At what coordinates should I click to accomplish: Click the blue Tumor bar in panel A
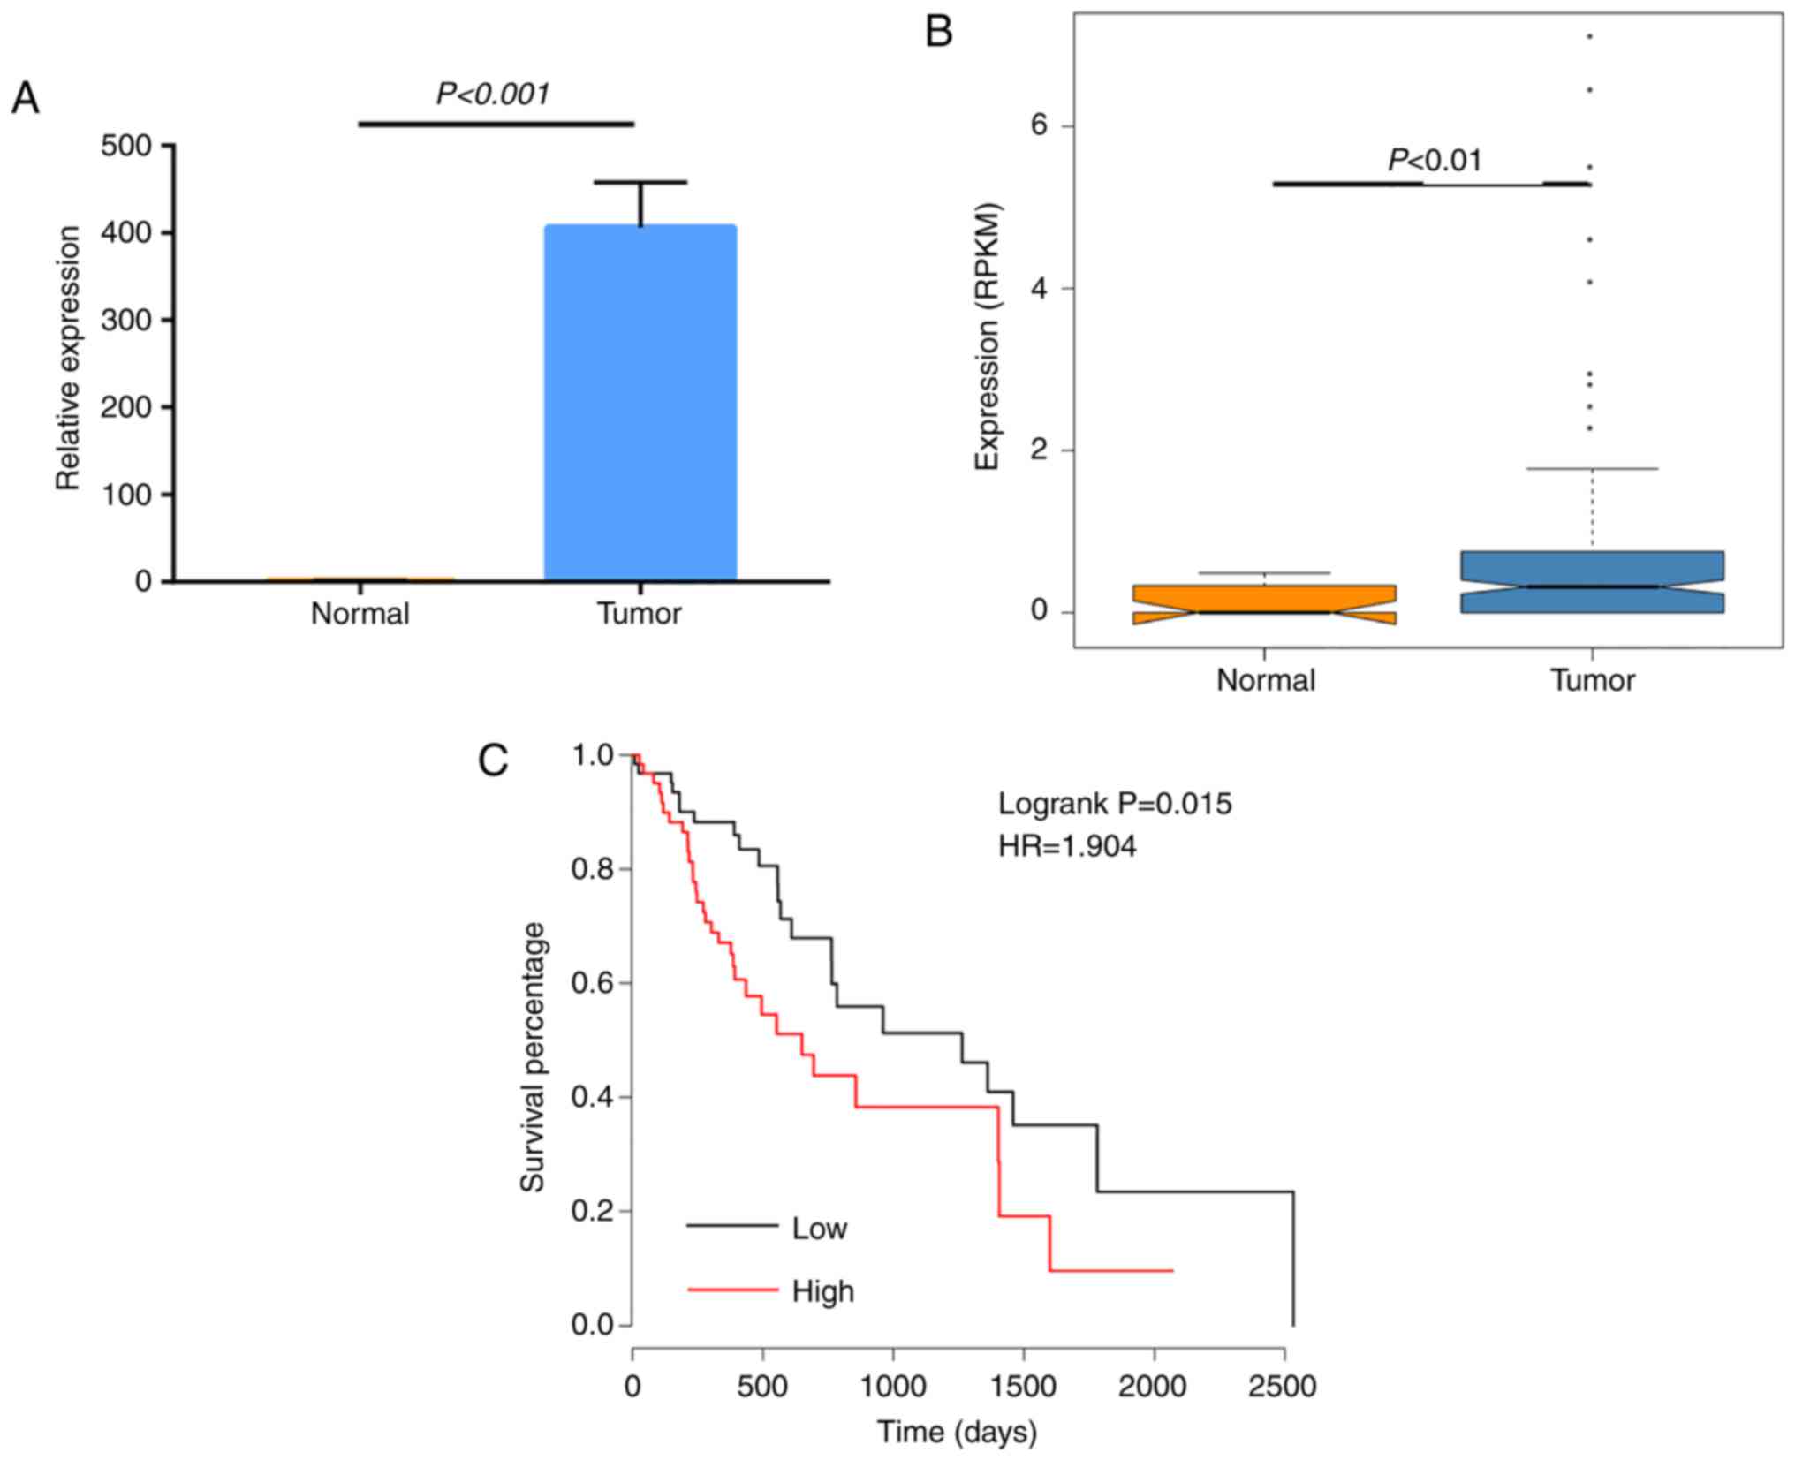pos(640,402)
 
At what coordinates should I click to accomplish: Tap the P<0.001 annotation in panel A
pos(493,94)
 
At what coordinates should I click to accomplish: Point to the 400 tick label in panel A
pos(126,232)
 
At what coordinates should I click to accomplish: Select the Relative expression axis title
pos(68,358)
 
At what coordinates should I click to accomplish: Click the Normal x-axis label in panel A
pos(360,613)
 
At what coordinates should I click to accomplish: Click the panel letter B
pos(938,33)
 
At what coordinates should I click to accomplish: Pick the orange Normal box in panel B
pos(1264,604)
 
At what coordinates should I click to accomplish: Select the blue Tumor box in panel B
pos(1592,582)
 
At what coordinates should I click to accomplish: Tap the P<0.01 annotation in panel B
pos(1435,160)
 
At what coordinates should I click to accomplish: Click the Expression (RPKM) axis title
pos(987,337)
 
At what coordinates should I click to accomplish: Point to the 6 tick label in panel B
pos(1038,125)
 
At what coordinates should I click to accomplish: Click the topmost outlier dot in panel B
pos(1590,36)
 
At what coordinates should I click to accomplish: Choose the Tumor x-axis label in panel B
pos(1593,680)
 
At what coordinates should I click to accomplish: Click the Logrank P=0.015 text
pos(1114,804)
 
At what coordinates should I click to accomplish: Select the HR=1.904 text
pos(1067,846)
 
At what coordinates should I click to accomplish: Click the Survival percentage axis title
pos(533,1057)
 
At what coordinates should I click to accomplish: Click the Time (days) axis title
pos(957,1432)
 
